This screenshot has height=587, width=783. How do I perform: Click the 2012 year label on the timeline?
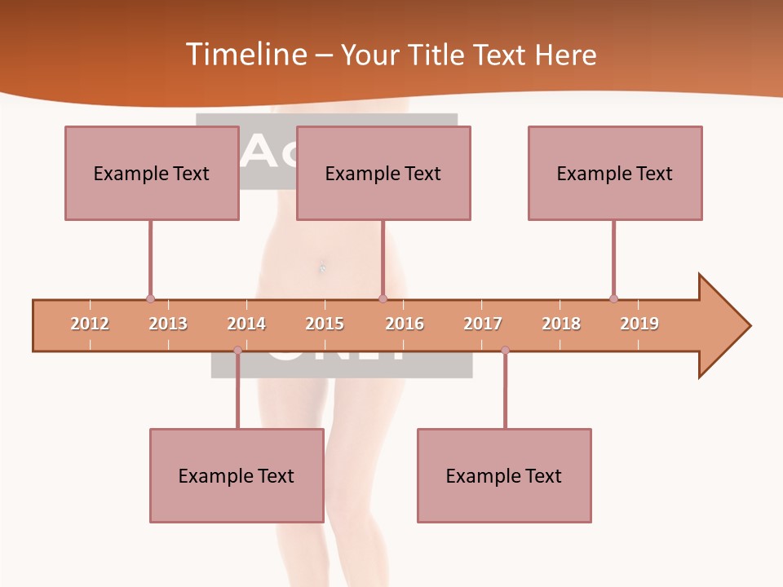(90, 324)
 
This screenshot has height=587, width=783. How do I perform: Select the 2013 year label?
(168, 324)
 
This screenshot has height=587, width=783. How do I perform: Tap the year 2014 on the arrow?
(246, 324)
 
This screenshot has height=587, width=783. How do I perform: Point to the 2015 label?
(325, 324)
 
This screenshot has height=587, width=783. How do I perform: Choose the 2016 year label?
(405, 324)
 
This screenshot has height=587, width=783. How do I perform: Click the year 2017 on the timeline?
(483, 324)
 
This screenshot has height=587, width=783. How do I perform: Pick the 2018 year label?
(561, 324)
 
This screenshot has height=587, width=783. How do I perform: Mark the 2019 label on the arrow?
(639, 324)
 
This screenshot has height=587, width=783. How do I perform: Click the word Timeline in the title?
(244, 55)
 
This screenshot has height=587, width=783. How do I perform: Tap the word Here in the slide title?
(565, 55)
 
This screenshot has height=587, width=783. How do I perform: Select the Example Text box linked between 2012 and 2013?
(152, 173)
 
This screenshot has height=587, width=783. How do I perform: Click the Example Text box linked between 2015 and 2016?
(383, 173)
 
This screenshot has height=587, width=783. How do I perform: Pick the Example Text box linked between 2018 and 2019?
(615, 173)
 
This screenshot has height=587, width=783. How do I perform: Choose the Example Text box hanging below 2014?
(237, 475)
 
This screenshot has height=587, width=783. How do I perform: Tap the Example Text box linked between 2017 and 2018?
(504, 475)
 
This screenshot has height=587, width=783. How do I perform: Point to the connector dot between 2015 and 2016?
(383, 299)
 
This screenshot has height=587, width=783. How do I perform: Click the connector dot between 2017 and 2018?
(505, 351)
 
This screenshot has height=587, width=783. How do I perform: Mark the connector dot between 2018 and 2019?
(613, 299)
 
